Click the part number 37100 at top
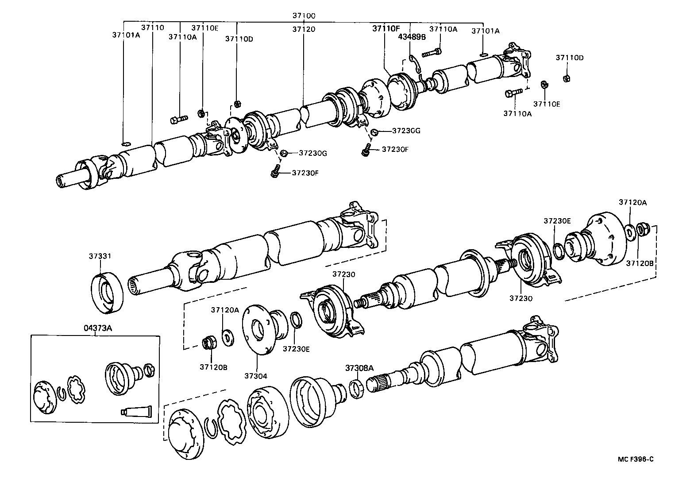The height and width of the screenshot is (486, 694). tap(304, 15)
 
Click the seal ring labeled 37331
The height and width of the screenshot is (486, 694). tap(108, 294)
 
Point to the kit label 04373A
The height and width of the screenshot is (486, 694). tap(97, 328)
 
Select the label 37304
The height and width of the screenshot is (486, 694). tap(255, 376)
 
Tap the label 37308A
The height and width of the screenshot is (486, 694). tap(359, 368)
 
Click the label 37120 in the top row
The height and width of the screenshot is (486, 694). tap(304, 29)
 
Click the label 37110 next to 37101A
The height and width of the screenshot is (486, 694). tap(153, 27)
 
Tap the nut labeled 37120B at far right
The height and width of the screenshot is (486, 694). tap(644, 229)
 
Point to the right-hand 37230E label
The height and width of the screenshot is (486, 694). tap(557, 220)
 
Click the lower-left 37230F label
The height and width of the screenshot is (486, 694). tap(305, 173)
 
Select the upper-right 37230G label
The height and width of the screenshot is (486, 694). tap(406, 131)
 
